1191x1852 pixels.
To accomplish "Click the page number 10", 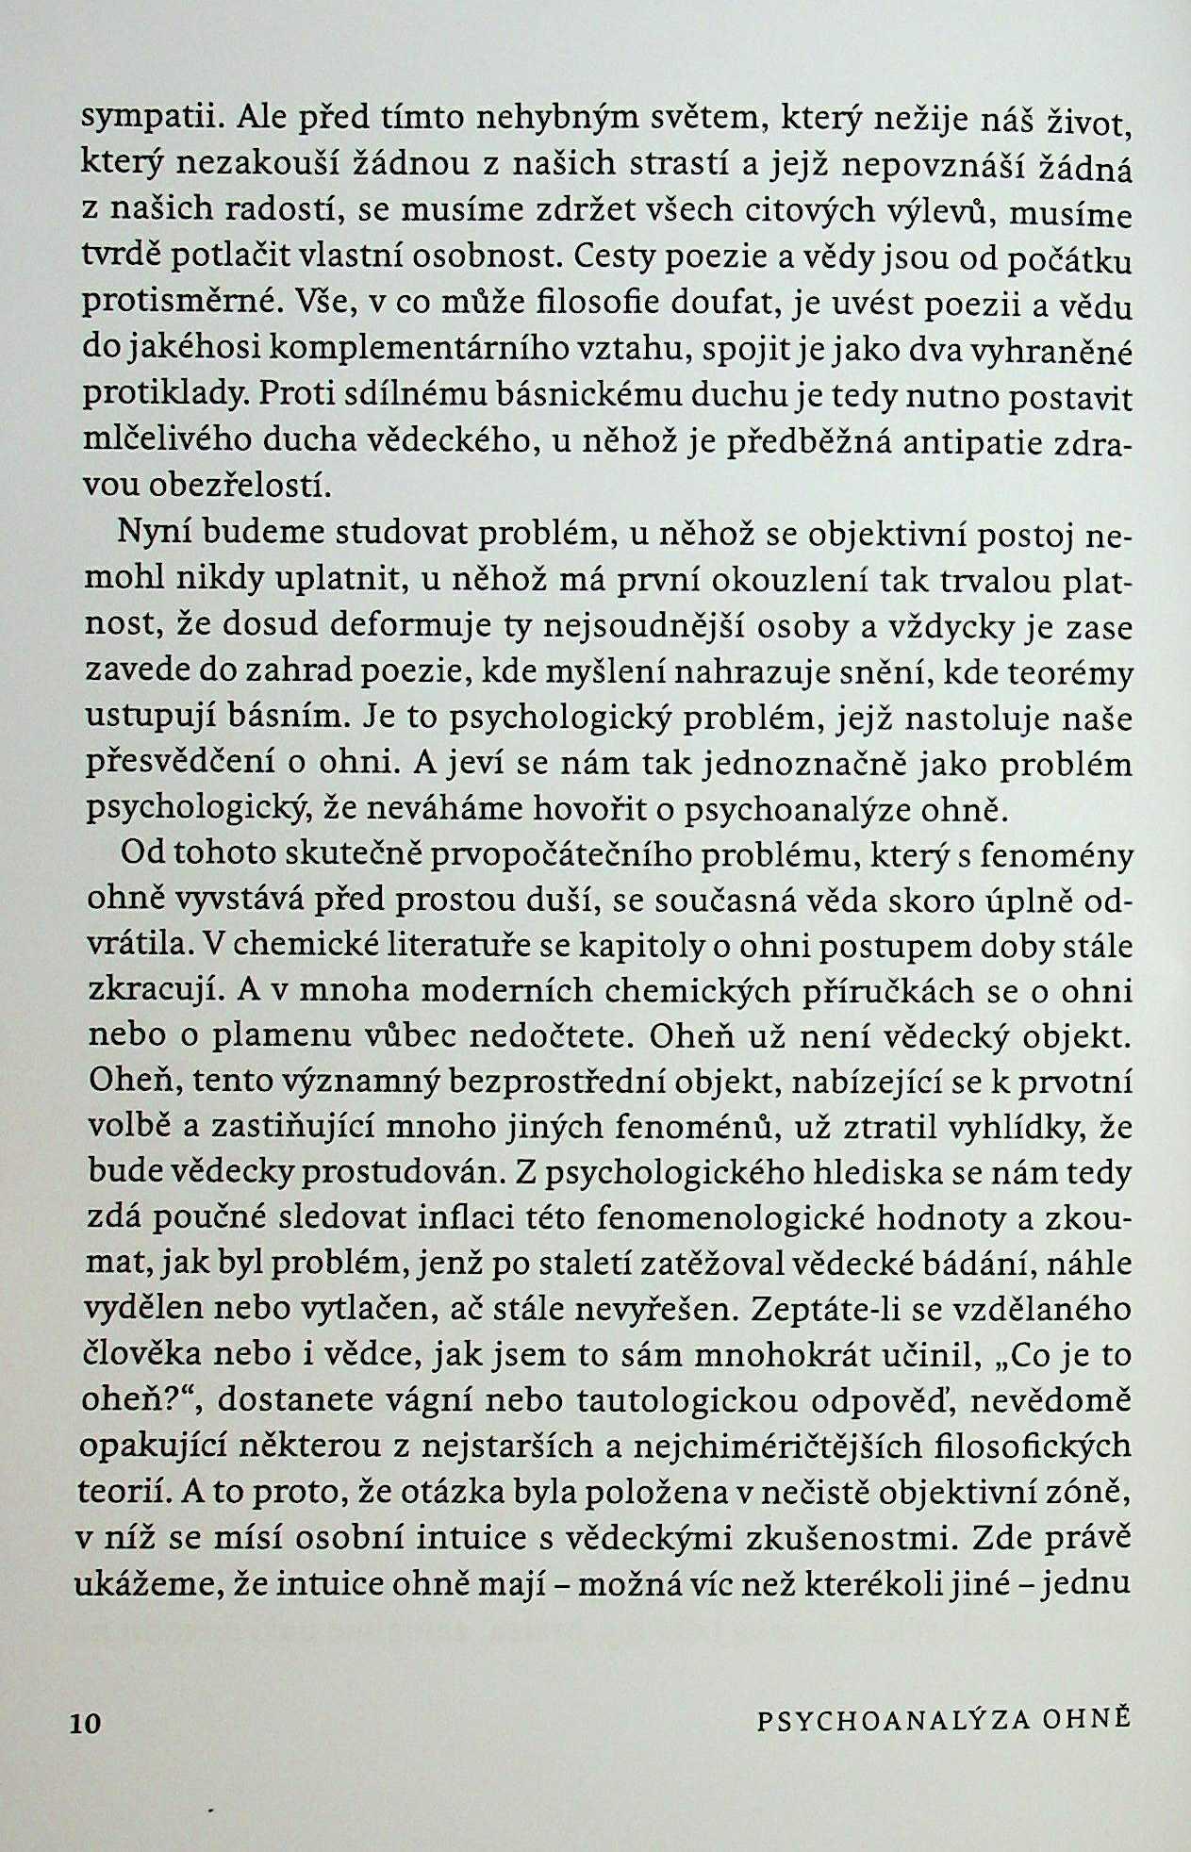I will tap(84, 1723).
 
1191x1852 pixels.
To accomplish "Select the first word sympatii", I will tap(146, 121).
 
